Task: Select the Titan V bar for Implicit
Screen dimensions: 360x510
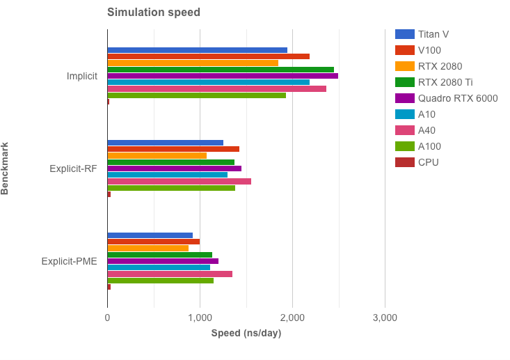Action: pos(197,50)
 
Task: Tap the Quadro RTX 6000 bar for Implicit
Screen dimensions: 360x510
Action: pos(223,76)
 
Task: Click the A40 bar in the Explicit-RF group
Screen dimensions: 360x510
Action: pos(179,181)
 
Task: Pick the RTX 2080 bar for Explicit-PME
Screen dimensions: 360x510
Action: pos(148,248)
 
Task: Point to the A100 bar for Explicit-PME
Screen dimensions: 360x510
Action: pos(160,281)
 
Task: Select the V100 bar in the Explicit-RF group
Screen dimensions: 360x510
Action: pos(173,149)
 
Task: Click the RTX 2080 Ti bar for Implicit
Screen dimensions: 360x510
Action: pos(221,70)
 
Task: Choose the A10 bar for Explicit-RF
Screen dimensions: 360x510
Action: pos(167,175)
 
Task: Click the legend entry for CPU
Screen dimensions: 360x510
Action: pos(429,162)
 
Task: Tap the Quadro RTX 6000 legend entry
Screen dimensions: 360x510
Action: pos(458,98)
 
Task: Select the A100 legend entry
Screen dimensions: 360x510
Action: pos(429,146)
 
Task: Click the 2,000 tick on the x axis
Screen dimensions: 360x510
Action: pos(292,318)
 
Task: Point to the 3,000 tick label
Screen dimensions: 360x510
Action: pos(385,318)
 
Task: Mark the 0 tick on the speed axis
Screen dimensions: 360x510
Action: pos(107,318)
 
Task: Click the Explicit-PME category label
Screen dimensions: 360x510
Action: pos(69,262)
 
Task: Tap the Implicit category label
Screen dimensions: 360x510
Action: pos(81,76)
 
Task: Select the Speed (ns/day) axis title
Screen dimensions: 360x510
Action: pos(246,334)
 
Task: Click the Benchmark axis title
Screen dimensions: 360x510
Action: pos(6,169)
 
